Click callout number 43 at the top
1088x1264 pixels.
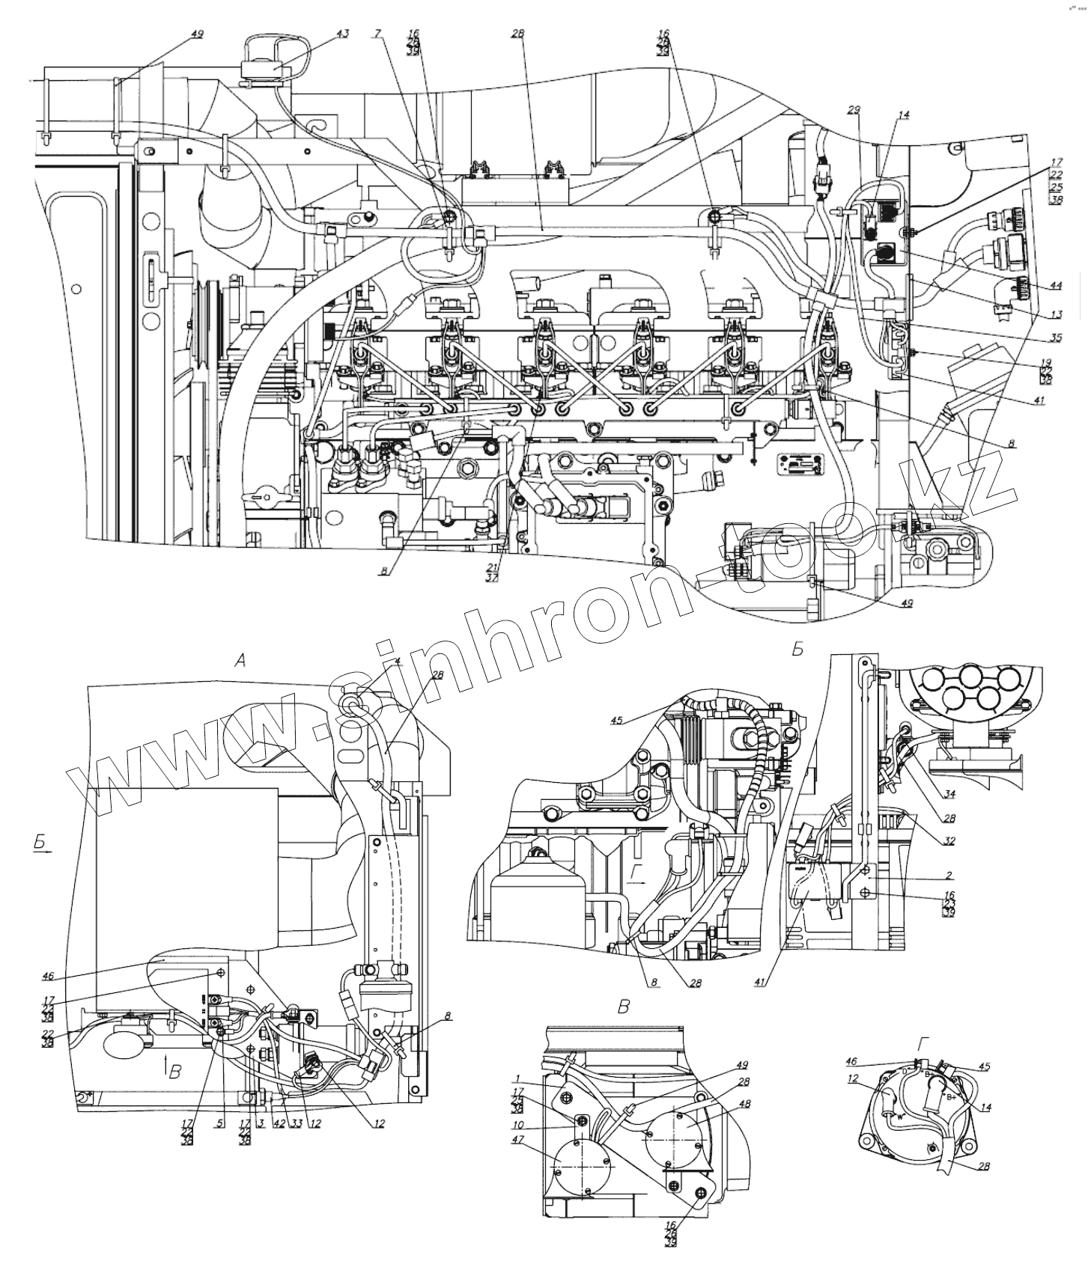pos(342,34)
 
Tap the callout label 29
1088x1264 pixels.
pos(855,110)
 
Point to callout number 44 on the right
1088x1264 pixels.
pos(1056,286)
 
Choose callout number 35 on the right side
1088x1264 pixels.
pos(1056,338)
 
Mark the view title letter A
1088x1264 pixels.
pos(240,659)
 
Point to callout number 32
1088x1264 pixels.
pos(949,841)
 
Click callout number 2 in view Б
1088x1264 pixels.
pos(949,874)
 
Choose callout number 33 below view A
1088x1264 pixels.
pos(296,1123)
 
